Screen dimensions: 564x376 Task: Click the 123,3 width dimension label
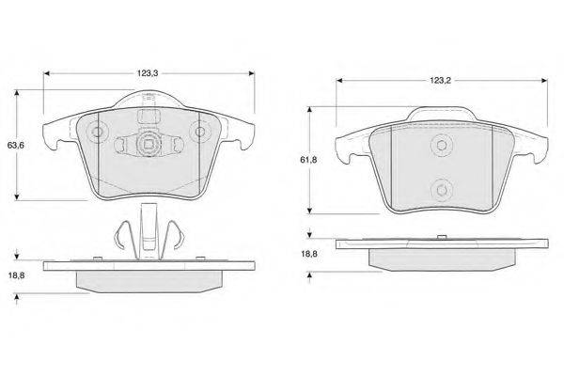click(x=148, y=73)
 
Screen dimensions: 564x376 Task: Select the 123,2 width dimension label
click(x=440, y=81)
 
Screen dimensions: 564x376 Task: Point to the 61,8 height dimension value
click(x=308, y=160)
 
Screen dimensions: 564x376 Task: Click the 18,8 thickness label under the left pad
click(x=17, y=275)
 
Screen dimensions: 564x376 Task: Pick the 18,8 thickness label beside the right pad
click(x=308, y=254)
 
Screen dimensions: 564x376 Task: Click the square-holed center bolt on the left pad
click(x=149, y=144)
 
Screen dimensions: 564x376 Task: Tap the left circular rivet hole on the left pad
click(x=97, y=132)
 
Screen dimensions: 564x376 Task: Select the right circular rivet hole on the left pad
click(x=200, y=132)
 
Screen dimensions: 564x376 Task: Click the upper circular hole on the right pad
click(x=441, y=145)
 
